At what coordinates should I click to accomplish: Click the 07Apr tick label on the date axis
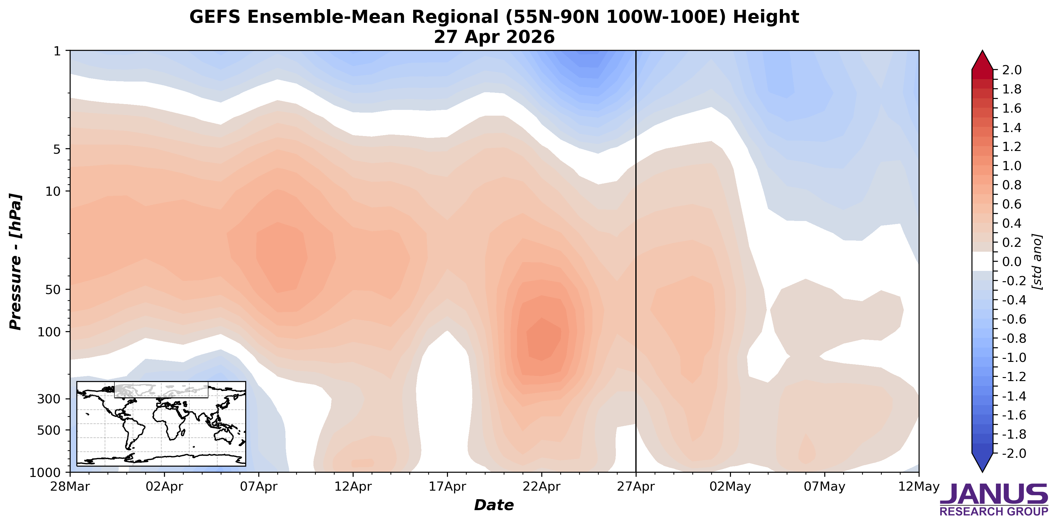(258, 487)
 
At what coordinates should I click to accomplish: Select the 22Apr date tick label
(541, 487)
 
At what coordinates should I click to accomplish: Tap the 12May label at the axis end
(919, 487)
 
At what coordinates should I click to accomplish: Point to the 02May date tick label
(730, 487)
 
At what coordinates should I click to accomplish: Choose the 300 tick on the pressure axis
(49, 399)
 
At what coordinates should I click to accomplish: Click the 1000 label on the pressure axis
(45, 473)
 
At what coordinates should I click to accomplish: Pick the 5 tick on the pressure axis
(57, 149)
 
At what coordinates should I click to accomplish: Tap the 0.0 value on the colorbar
(1011, 262)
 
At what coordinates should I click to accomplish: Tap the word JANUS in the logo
(993, 494)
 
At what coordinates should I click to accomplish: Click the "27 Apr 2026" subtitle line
(494, 37)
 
